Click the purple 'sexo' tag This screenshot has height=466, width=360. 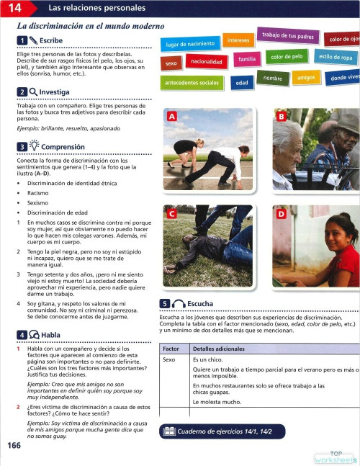[x=171, y=64]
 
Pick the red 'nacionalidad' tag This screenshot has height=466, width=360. [x=206, y=62]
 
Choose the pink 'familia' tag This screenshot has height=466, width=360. [x=248, y=58]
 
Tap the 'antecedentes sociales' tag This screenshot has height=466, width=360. [x=192, y=84]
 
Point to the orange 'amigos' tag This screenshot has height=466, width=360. [x=306, y=77]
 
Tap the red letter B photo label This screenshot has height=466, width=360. [x=281, y=116]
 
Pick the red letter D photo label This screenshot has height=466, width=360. [x=281, y=214]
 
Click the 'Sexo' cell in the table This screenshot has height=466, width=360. [x=170, y=359]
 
